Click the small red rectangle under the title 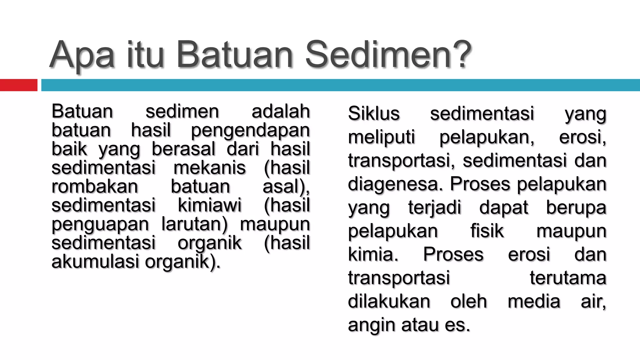pyautogui.click(x=18, y=85)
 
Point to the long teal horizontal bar pyautogui.click(x=340, y=85)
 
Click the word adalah pyautogui.click(x=281, y=111)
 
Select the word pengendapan pyautogui.click(x=250, y=130)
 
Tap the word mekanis pyautogui.click(x=210, y=167)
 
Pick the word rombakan pyautogui.click(x=95, y=186)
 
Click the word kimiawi pyautogui.click(x=210, y=205)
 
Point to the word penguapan pyautogui.click(x=100, y=224)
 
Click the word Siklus pyautogui.click(x=374, y=113)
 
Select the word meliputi pyautogui.click(x=381, y=137)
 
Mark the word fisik pyautogui.click(x=487, y=231)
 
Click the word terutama pyautogui.click(x=568, y=278)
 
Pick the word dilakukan pyautogui.click(x=389, y=301)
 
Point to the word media pyautogui.click(x=534, y=301)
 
